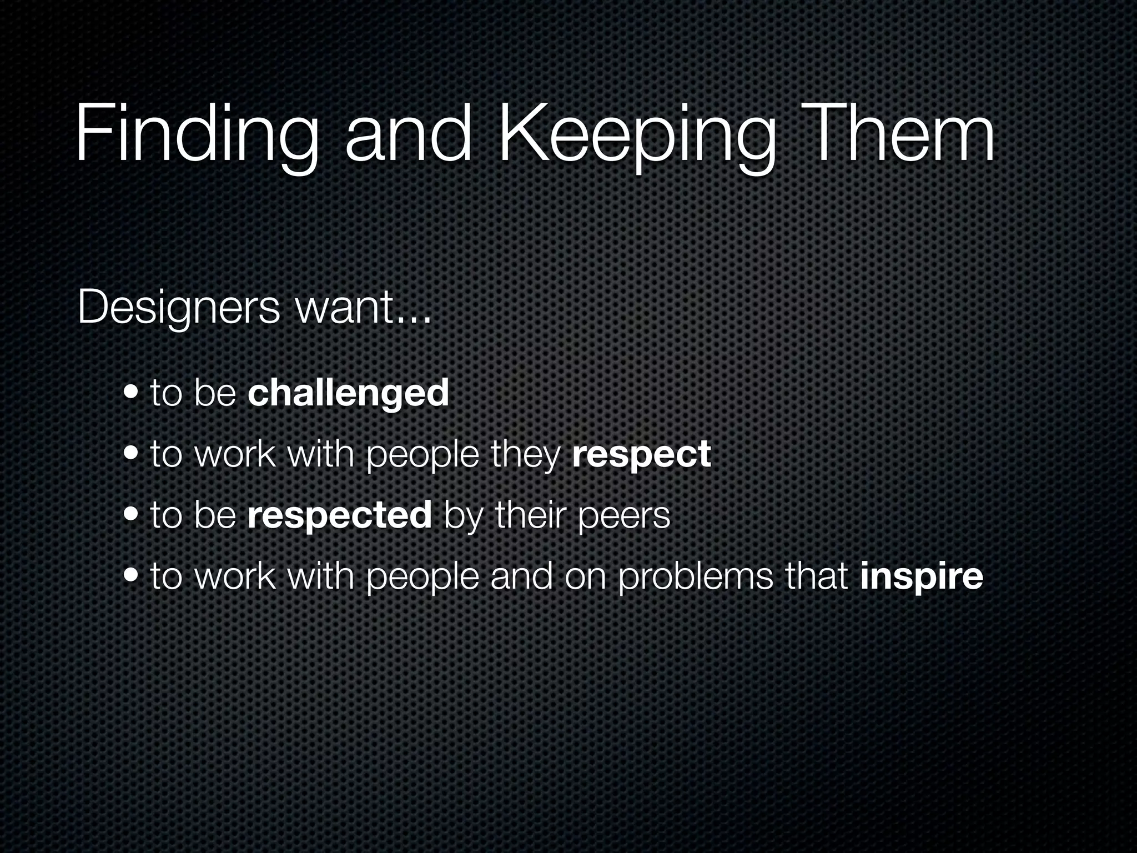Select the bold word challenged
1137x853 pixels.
pos(348,393)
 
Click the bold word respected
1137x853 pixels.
pos(340,515)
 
